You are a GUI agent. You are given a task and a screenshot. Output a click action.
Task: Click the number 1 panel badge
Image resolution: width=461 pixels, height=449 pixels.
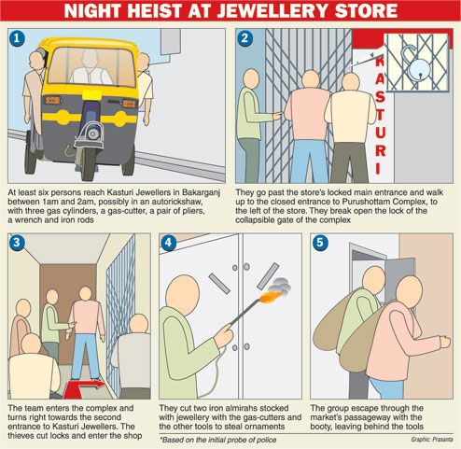pyautogui.click(x=17, y=38)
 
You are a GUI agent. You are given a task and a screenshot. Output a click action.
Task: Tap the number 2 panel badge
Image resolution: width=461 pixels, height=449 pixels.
pyautogui.click(x=244, y=38)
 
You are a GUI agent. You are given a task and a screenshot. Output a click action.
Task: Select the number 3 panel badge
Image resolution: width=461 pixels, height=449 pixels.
pyautogui.click(x=17, y=243)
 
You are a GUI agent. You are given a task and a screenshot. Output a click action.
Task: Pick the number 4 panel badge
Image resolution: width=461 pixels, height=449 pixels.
pyautogui.click(x=168, y=243)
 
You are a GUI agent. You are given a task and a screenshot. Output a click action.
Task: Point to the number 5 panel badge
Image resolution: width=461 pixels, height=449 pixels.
pyautogui.click(x=320, y=243)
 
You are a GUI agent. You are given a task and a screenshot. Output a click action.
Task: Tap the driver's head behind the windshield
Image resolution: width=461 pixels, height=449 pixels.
pyautogui.click(x=90, y=58)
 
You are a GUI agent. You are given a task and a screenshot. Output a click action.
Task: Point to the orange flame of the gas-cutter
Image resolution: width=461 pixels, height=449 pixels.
pyautogui.click(x=270, y=297)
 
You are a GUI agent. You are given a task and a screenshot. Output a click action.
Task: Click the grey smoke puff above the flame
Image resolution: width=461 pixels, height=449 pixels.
pyautogui.click(x=280, y=285)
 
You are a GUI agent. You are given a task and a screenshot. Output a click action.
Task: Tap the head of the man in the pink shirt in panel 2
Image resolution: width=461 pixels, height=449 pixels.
pyautogui.click(x=311, y=79)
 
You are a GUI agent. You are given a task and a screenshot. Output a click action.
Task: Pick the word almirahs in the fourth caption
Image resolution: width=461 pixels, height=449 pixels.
pyautogui.click(x=222, y=408)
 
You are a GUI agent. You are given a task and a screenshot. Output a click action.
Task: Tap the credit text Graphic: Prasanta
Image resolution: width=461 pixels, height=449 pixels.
pyautogui.click(x=432, y=440)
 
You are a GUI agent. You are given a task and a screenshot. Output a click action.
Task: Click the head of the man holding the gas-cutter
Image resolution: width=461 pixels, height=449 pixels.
pyautogui.click(x=183, y=294)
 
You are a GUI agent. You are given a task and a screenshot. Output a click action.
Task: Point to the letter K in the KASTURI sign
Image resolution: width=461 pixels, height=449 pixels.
pyautogui.click(x=380, y=61)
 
